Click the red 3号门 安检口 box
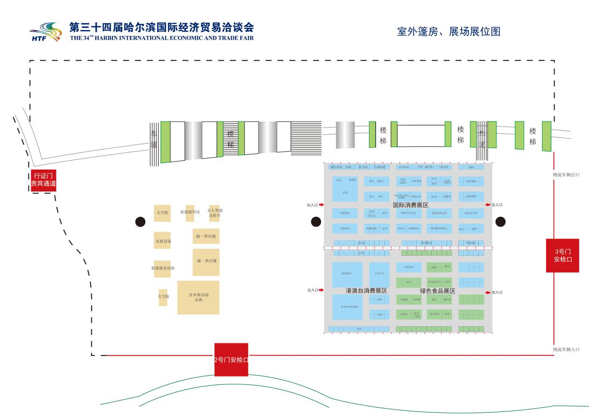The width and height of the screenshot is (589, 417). point(562,255)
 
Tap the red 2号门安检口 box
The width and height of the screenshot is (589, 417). point(231,359)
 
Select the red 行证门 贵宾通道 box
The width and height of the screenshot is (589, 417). point(43,180)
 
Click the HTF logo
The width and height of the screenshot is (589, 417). point(46,32)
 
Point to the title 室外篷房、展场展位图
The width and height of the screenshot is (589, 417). point(448,31)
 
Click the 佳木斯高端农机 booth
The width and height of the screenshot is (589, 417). point(198,297)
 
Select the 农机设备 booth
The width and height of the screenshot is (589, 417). point(162,240)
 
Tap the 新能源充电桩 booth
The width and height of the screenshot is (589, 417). point(162,268)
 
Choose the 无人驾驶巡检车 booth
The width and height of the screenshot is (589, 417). point(214,213)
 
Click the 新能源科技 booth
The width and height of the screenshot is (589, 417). point(190,212)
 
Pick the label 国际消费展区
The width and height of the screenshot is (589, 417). point(410,205)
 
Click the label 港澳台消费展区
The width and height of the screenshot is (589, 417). point(366,290)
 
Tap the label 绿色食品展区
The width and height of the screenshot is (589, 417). point(437,290)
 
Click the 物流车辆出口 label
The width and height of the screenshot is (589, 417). point(566,175)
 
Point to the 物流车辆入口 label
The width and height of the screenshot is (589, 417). point(566,349)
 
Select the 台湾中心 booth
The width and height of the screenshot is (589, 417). point(379,274)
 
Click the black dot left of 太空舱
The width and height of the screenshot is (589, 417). point(141,222)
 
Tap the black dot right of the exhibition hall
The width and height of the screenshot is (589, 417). point(501,222)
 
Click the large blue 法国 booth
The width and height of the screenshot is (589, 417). point(345,191)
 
